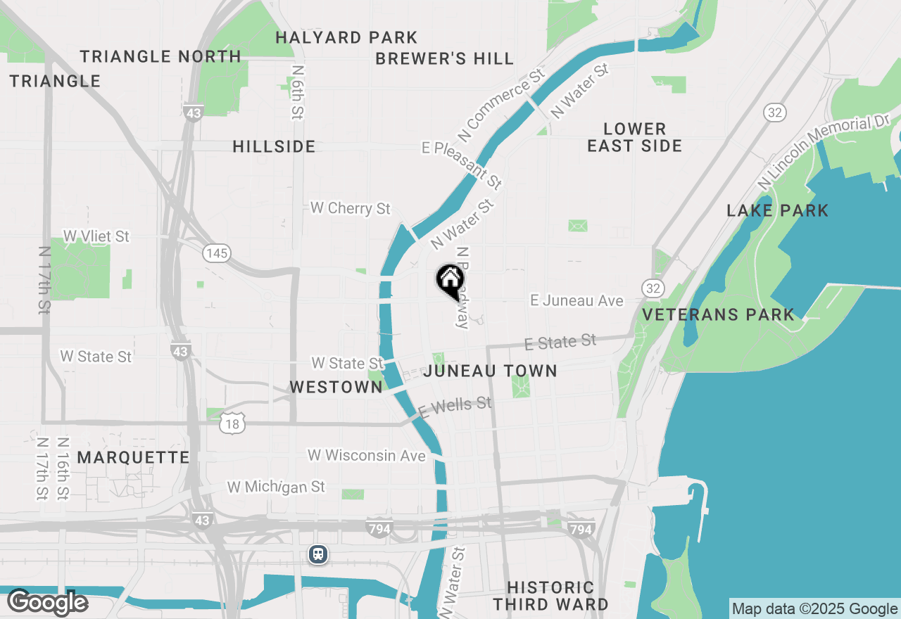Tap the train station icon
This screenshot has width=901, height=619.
click(x=318, y=554)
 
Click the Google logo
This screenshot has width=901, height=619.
click(x=47, y=602)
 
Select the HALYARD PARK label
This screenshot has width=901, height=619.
click(x=346, y=37)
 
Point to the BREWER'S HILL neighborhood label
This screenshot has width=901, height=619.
click(x=444, y=58)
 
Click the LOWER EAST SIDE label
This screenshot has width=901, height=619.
click(x=634, y=137)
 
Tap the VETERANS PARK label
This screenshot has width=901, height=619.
click(x=719, y=314)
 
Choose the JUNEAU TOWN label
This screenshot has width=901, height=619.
click(x=491, y=371)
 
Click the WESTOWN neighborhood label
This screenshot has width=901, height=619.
click(x=336, y=387)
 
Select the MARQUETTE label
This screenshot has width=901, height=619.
click(x=133, y=457)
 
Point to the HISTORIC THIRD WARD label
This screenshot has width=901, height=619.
click(x=550, y=596)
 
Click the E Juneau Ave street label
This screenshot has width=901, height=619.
click(x=576, y=300)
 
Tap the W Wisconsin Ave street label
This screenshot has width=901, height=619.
click(x=367, y=456)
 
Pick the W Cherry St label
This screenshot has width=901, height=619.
click(x=351, y=208)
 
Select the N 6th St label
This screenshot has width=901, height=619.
click(x=298, y=92)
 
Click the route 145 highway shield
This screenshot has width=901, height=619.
click(x=217, y=253)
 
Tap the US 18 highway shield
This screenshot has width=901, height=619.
click(x=232, y=423)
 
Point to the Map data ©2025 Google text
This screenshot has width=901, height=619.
click(x=814, y=608)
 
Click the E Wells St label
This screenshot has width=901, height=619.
click(x=454, y=407)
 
